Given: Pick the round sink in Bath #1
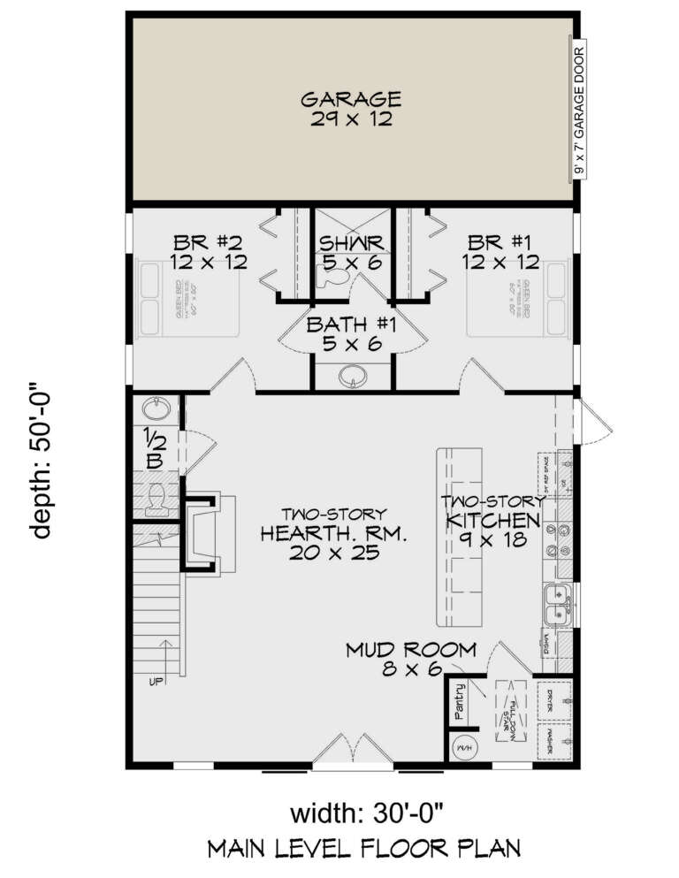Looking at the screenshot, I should [x=350, y=378].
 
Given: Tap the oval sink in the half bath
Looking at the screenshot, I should [x=156, y=409].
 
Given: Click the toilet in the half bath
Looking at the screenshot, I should [x=156, y=499].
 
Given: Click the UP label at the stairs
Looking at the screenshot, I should [x=156, y=682].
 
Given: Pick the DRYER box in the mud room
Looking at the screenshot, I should [x=555, y=698].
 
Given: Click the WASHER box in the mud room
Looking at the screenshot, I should [x=555, y=739].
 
